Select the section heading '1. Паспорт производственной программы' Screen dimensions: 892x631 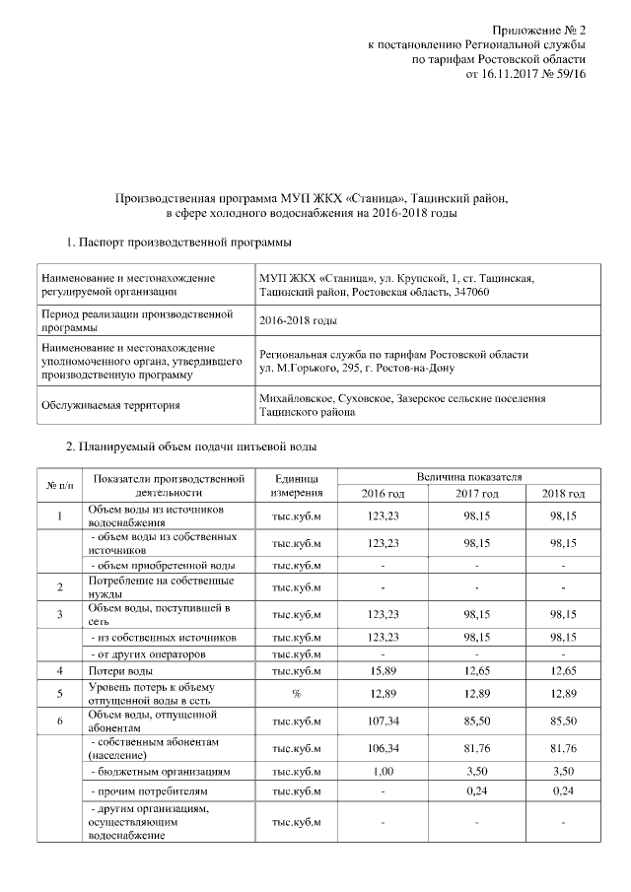click(177, 241)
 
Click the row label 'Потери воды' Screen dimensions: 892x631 click(119, 670)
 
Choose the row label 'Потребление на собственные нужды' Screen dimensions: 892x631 click(149, 586)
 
